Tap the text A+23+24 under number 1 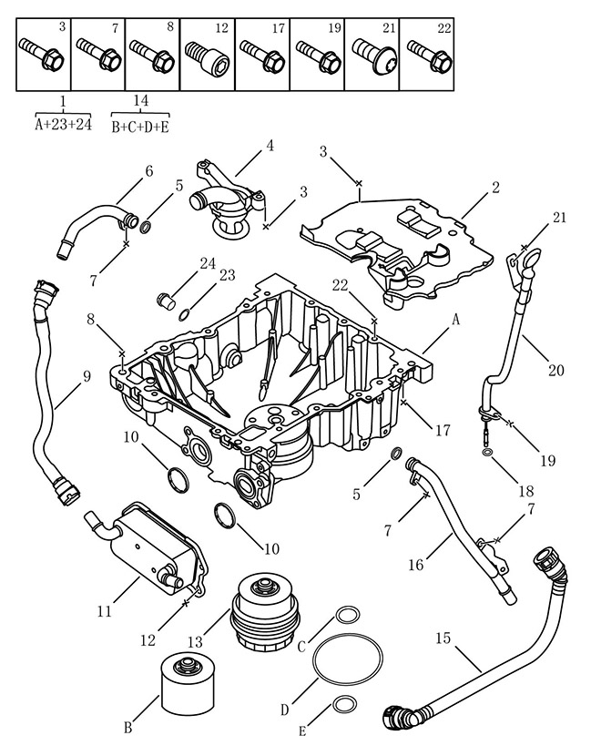pos(63,125)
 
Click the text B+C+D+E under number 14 pos(140,128)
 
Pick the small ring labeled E pos(344,704)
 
